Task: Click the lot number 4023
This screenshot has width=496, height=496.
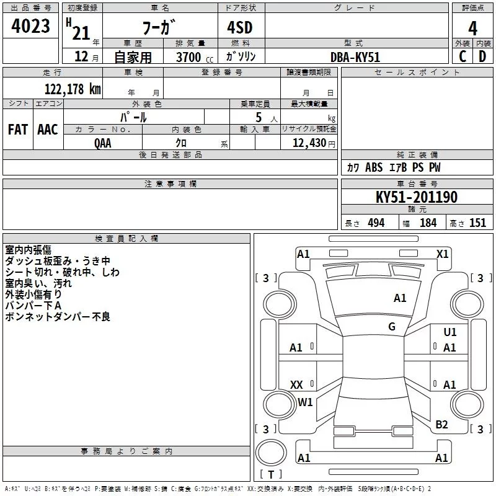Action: [31, 26]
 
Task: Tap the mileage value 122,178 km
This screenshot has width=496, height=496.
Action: [73, 89]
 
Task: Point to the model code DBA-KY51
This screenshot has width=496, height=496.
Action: [355, 57]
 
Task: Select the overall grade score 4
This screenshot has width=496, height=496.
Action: [473, 27]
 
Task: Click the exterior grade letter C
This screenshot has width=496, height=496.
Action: [463, 56]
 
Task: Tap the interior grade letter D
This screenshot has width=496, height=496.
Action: [482, 56]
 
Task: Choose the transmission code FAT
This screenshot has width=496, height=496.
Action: [18, 130]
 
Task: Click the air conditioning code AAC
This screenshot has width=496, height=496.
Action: [48, 130]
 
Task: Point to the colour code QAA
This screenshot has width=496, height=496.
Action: [104, 143]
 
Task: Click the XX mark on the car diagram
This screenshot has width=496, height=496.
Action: [296, 385]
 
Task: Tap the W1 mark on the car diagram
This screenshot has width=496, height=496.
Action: [305, 402]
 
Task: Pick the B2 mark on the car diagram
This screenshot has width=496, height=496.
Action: [441, 425]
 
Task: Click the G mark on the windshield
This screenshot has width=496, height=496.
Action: [392, 327]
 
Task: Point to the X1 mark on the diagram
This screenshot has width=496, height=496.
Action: [442, 254]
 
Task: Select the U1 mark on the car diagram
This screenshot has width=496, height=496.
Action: [449, 332]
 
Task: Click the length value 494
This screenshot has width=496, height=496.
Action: [376, 223]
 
